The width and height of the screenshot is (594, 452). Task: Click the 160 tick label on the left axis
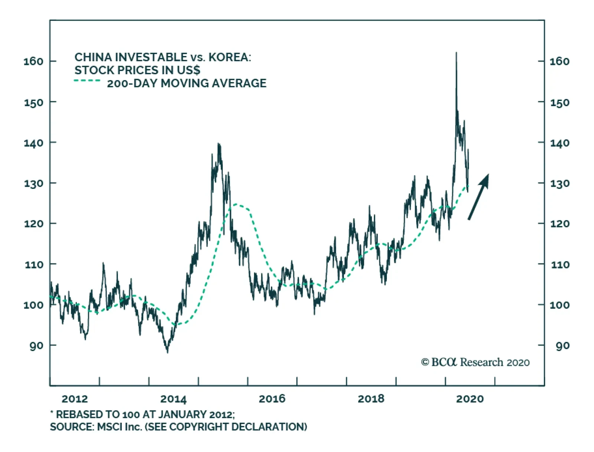pos(33,61)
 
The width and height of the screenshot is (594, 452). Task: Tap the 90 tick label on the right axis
pos(562,346)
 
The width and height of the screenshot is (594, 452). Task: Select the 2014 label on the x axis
pos(173,399)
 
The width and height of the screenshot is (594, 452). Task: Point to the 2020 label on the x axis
pos(470,399)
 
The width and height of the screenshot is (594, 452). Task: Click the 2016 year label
pos(272,399)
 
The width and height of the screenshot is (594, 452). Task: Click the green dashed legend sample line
pos(87,81)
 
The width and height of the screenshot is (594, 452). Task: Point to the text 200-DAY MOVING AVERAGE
pos(187,83)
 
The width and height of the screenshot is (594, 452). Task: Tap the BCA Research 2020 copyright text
pos(475,362)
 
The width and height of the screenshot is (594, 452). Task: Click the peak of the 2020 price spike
pos(456,53)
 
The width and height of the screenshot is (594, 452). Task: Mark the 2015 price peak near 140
pos(219,144)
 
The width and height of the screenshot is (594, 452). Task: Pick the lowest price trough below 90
pos(167,352)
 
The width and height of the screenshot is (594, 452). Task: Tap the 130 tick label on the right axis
pos(559,183)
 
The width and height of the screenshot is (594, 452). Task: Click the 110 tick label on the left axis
pos(33,265)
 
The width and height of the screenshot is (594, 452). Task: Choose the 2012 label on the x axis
pos(75,399)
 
